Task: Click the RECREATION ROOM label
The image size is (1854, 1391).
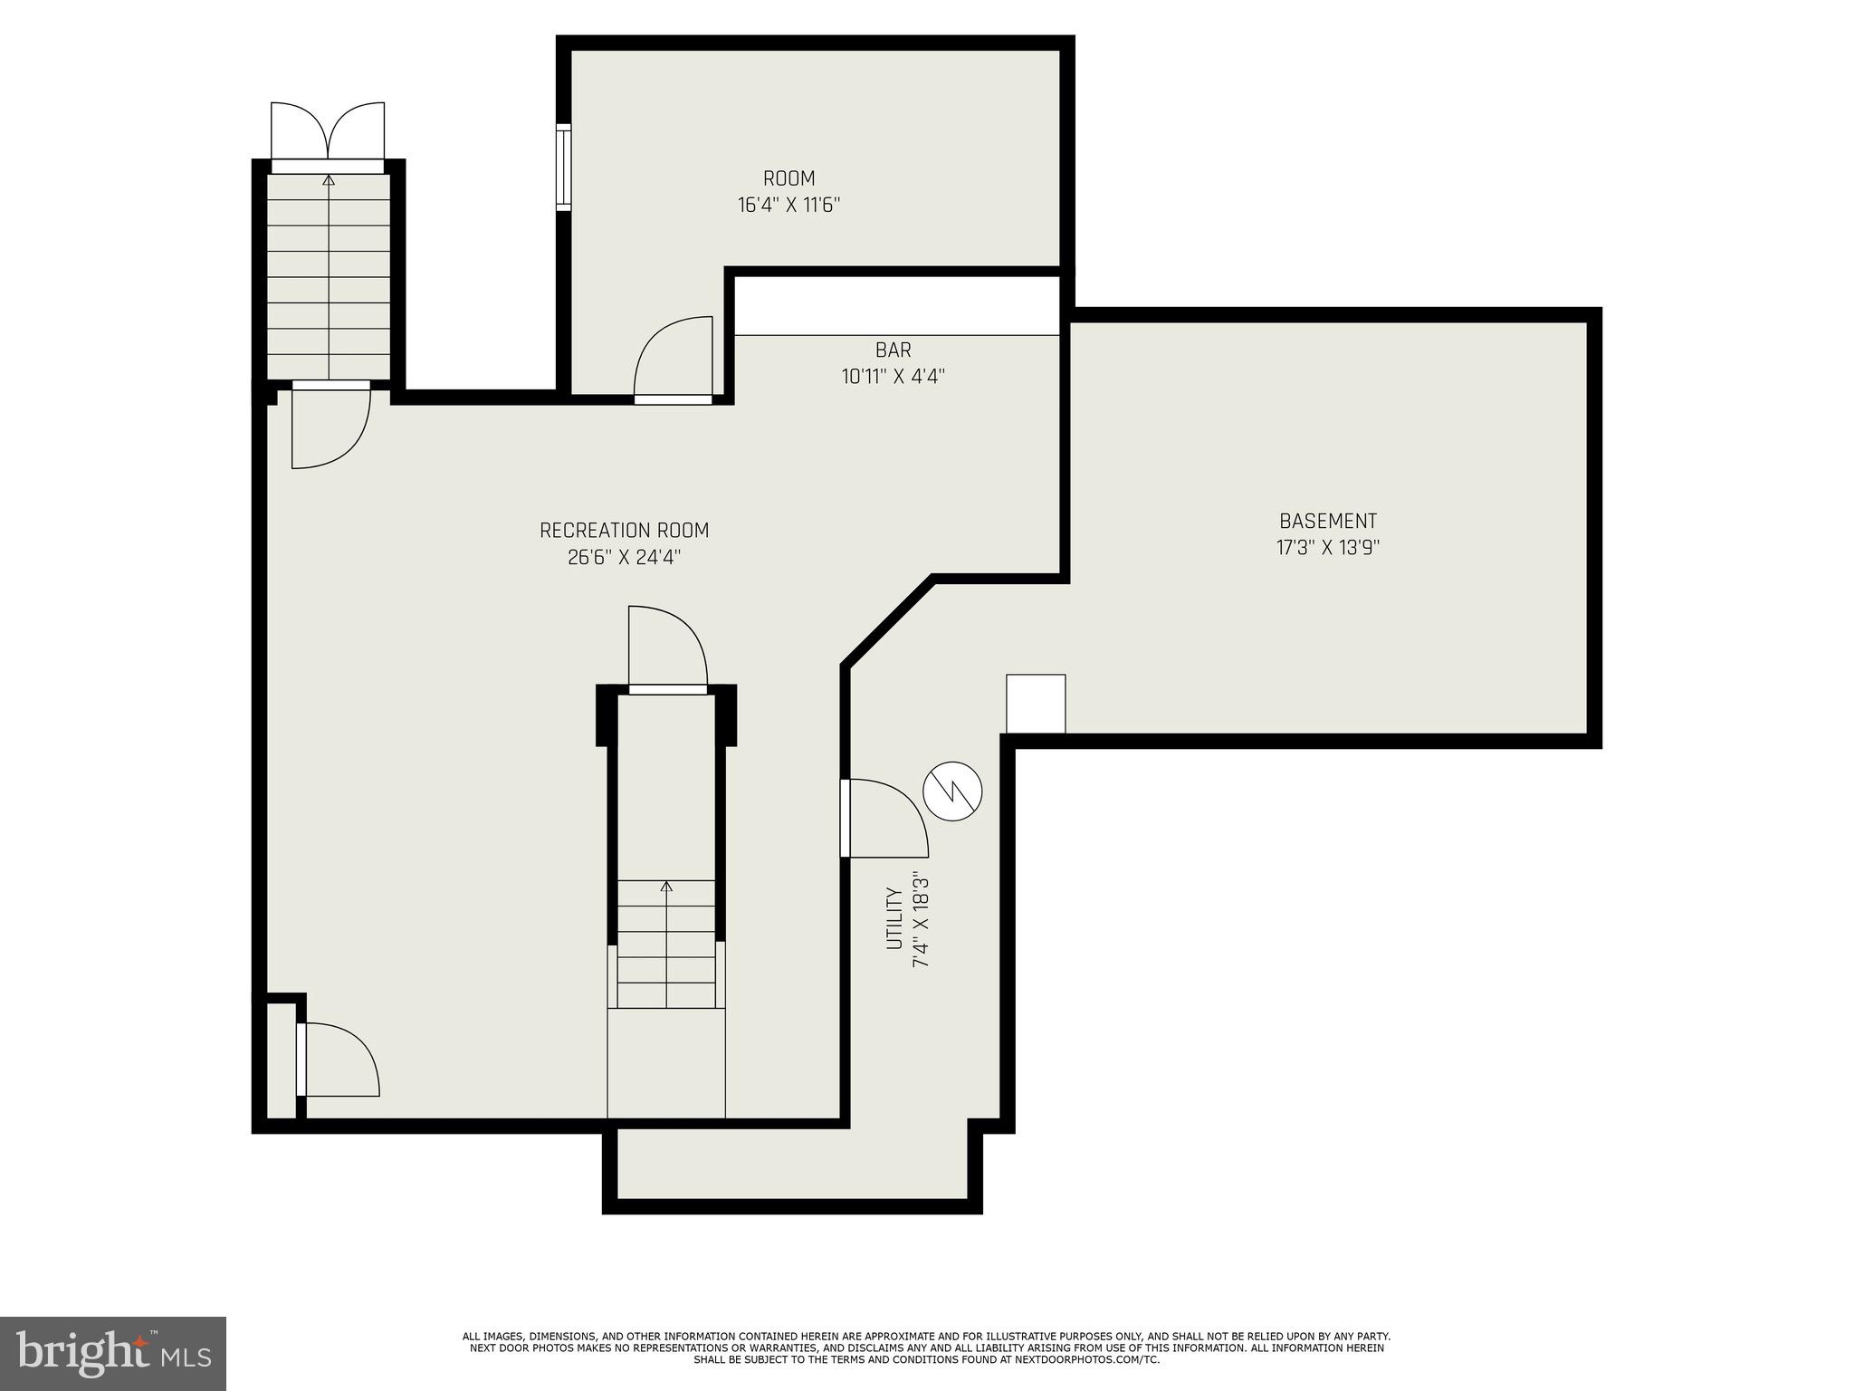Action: point(624,531)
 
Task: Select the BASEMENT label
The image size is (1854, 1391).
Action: point(1327,522)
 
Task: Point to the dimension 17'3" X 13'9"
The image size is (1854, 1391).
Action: point(1327,548)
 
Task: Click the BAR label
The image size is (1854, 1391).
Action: point(893,350)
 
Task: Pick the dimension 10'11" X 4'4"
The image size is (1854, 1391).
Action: point(893,377)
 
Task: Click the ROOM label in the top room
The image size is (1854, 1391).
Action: point(788,178)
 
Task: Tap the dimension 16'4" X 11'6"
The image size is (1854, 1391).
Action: point(788,206)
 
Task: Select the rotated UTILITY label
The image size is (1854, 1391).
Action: point(894,919)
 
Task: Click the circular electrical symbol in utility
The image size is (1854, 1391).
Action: point(952,792)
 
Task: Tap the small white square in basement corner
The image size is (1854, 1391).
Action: point(1036,704)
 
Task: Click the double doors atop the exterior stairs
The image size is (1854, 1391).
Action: point(328,133)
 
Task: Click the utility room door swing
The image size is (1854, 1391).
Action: point(885,818)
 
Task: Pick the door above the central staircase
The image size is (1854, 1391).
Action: point(667,647)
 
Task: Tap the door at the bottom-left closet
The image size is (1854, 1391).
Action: point(337,1060)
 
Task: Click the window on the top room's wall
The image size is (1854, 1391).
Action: point(563,168)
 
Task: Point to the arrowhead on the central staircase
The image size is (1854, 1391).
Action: point(667,886)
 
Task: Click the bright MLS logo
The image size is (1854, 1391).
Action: point(113,1353)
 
